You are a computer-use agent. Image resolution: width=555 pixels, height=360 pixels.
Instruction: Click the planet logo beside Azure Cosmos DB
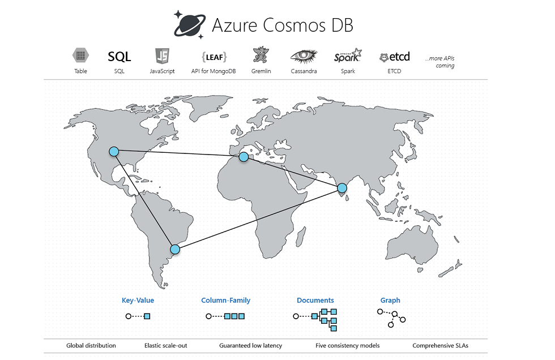(189, 24)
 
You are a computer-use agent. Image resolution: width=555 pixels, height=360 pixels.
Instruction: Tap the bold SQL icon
(119, 57)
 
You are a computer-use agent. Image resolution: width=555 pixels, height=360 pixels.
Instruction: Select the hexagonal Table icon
(80, 56)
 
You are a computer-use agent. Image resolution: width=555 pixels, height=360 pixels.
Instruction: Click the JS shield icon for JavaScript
(162, 56)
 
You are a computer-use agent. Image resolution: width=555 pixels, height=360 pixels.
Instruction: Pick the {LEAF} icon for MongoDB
(214, 57)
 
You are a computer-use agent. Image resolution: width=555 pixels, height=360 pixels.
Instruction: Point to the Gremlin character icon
(260, 55)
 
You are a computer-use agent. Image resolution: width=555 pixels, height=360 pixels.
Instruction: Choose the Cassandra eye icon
(304, 56)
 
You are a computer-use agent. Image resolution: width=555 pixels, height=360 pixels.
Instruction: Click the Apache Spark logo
(347, 56)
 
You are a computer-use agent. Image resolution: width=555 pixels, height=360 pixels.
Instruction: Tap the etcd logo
(394, 57)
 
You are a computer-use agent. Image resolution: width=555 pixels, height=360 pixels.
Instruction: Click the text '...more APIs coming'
(440, 62)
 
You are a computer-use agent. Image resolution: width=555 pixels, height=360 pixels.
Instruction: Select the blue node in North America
(114, 151)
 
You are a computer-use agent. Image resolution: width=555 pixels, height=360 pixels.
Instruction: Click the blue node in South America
(175, 249)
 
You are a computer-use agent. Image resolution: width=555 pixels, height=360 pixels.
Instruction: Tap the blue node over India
(342, 188)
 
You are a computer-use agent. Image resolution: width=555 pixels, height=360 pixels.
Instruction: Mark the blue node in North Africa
(244, 157)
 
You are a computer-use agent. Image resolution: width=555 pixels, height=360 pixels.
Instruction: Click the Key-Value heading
(138, 301)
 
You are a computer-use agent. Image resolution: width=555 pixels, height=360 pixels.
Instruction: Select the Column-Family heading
(225, 301)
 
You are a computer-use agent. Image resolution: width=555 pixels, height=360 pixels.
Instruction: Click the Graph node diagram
(392, 318)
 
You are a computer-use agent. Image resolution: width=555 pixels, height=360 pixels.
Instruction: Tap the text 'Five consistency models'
(347, 345)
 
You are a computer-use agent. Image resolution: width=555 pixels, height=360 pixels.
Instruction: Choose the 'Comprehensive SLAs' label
(440, 345)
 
